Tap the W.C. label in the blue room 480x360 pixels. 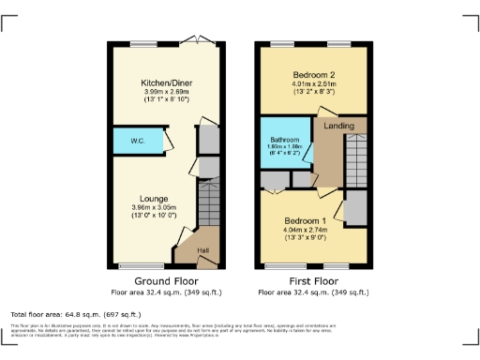pos(137,141)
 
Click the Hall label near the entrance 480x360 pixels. pos(203,249)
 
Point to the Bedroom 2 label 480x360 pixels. pos(314,73)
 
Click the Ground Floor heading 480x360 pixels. pos(157,279)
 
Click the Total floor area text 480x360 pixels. pos(75,314)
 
